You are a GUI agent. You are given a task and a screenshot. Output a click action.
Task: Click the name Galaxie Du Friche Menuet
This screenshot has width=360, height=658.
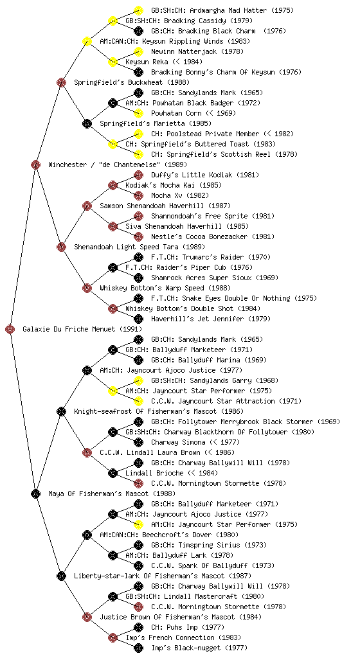69,329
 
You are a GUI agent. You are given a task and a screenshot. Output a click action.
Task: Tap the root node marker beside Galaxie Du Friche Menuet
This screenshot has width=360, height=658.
10,329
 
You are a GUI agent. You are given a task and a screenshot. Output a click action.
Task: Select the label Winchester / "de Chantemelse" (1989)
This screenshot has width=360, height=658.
118,164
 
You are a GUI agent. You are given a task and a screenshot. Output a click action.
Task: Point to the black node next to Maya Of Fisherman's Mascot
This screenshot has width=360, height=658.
35,493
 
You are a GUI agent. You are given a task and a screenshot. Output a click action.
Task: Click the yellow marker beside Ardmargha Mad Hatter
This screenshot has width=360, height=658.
138,10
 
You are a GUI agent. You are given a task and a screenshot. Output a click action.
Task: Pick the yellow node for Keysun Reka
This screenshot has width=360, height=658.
113,62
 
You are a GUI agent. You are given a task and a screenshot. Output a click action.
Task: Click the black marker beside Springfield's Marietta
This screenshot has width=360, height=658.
87,123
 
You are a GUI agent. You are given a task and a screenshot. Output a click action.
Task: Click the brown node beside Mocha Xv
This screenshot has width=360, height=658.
138,195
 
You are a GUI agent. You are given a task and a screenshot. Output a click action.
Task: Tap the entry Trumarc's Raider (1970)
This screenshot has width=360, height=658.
226,257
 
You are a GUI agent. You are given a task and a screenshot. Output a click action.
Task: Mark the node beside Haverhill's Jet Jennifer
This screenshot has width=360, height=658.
138,319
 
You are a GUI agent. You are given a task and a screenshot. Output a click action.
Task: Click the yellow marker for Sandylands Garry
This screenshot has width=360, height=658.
138,380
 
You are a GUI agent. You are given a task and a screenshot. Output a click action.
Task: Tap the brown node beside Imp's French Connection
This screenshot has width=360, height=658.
113,637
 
